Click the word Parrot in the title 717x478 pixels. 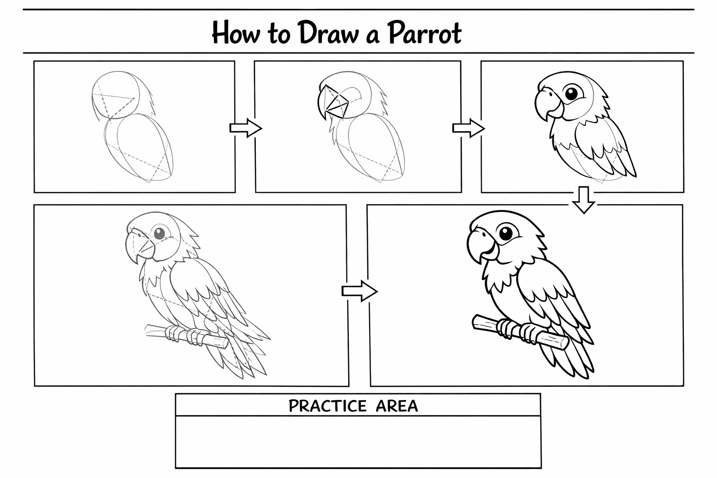pyautogui.click(x=424, y=33)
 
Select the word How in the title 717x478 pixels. pyautogui.click(x=236, y=32)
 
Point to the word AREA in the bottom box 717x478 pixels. pyautogui.click(x=397, y=406)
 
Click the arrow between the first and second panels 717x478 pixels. pyautogui.click(x=246, y=128)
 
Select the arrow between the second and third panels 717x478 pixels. pyautogui.click(x=468, y=128)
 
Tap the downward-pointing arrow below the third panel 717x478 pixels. pyautogui.click(x=583, y=200)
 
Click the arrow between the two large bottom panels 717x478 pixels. pyautogui.click(x=359, y=291)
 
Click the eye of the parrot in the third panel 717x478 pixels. pyautogui.click(x=571, y=93)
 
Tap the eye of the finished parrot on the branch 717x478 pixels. pyautogui.click(x=506, y=233)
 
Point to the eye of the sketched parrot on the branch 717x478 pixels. pyautogui.click(x=159, y=233)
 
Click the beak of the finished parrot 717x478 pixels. pyautogui.click(x=481, y=246)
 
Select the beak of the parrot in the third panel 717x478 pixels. pyautogui.click(x=548, y=104)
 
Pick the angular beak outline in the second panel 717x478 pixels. pyautogui.click(x=332, y=102)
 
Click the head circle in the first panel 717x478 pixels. pyautogui.click(x=116, y=95)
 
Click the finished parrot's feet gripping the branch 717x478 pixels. pyautogui.click(x=517, y=332)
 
